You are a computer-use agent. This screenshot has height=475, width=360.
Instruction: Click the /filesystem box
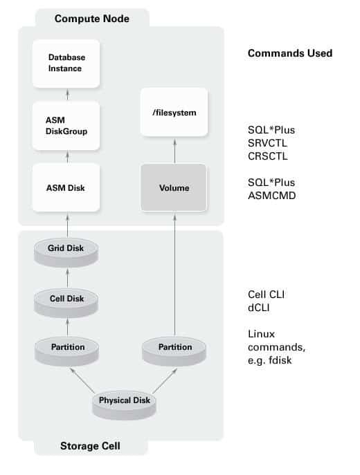tap(174, 111)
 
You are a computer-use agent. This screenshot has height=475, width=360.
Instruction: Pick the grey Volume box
tap(174, 187)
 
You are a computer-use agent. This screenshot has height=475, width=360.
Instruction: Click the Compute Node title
tap(92, 18)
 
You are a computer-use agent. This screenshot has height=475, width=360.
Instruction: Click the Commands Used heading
tap(290, 53)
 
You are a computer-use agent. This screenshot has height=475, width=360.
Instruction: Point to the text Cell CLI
tap(267, 294)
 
